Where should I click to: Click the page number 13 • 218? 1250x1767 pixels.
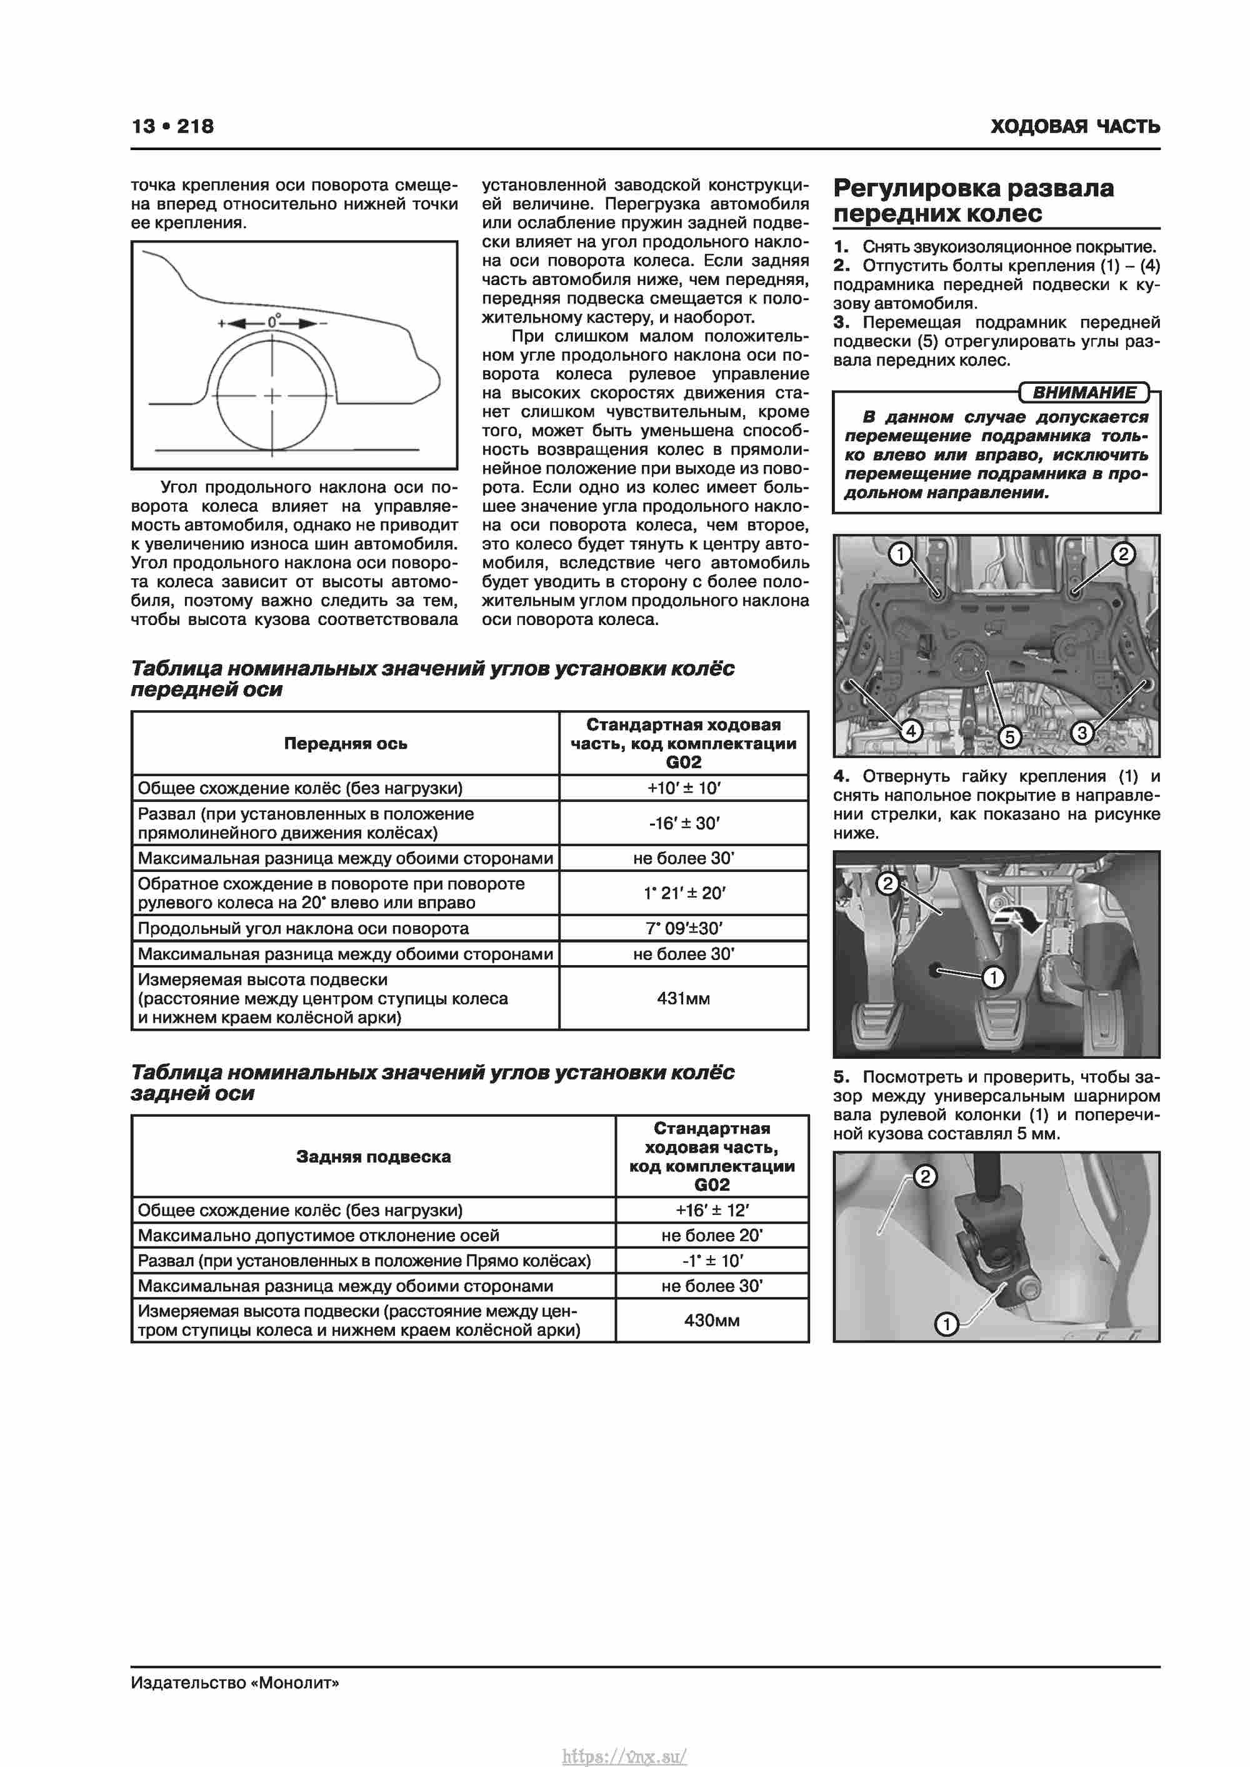[172, 126]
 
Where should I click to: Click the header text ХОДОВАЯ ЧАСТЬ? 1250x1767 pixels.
[1074, 127]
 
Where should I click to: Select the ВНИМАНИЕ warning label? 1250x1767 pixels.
[1084, 393]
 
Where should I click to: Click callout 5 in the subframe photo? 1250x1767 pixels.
[1009, 736]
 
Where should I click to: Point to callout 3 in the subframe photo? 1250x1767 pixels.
[1081, 733]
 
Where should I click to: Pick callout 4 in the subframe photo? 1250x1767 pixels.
[911, 730]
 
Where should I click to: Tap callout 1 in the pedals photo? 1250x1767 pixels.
[994, 978]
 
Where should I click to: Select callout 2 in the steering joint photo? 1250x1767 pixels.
[924, 1176]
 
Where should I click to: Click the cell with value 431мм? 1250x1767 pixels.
[684, 998]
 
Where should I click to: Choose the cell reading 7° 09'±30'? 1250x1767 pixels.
[684, 928]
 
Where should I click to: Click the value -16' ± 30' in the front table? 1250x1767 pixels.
[684, 823]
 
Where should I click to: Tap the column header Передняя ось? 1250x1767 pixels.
[346, 743]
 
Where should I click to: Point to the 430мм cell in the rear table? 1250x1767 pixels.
[712, 1321]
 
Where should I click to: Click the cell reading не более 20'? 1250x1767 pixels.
[712, 1235]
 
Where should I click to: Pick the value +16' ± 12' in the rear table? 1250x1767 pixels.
[712, 1210]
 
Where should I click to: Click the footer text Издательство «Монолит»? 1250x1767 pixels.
[235, 1683]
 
